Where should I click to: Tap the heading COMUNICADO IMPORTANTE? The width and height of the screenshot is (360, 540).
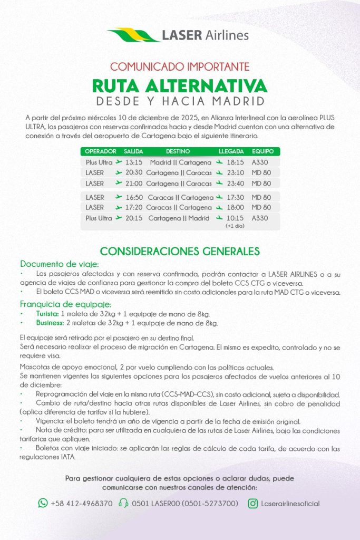(180, 67)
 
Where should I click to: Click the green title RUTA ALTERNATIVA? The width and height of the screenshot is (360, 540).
(180, 85)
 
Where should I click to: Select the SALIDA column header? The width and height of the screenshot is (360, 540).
(133, 151)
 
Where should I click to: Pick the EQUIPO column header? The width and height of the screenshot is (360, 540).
(262, 151)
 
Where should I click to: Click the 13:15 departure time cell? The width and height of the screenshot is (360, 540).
(134, 162)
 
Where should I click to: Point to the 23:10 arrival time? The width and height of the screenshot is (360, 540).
(235, 173)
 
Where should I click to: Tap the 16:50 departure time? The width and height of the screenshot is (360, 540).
(134, 197)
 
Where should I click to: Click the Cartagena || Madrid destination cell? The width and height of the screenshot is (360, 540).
(179, 218)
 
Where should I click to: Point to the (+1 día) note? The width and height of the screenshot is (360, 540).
(235, 226)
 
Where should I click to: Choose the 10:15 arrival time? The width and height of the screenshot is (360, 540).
(235, 218)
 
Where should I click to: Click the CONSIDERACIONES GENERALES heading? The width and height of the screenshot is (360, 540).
(180, 250)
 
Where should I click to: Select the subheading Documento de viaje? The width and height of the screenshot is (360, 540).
(60, 264)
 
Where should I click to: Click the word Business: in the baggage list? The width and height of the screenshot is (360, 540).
(50, 323)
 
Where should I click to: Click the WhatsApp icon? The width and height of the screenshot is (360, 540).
(43, 503)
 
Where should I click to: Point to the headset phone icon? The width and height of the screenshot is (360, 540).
(124, 503)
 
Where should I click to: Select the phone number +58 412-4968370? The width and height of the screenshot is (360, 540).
(82, 504)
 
